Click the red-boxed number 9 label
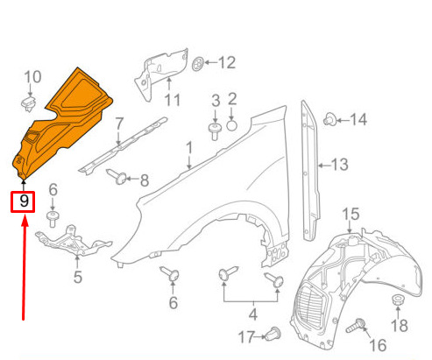23,201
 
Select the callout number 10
32,77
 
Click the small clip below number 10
29,104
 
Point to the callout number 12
227,62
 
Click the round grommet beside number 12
198,64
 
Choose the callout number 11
173,100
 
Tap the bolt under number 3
215,131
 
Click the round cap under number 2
231,126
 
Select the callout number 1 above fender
189,148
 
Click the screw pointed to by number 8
117,177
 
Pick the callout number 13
340,165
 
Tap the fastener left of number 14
330,119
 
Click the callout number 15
351,214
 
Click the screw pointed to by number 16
356,326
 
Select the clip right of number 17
273,334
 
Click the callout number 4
253,314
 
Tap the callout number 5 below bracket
77,277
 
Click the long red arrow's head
25,220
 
